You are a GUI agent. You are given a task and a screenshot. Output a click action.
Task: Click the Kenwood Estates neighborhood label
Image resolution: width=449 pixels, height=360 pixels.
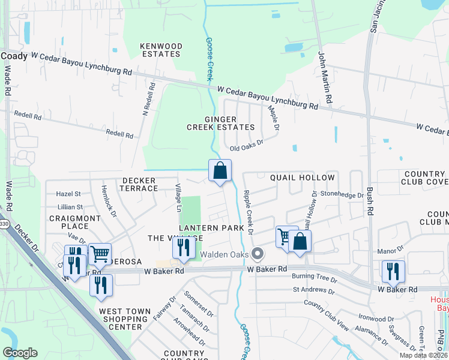pyautogui.click(x=160, y=50)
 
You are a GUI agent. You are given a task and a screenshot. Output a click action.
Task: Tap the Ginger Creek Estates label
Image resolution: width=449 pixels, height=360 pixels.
pyautogui.click(x=220, y=123)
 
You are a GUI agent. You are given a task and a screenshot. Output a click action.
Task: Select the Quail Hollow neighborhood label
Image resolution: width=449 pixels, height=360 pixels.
pyautogui.click(x=302, y=178)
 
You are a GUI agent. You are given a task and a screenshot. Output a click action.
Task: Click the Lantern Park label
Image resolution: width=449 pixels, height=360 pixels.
pyautogui.click(x=211, y=228)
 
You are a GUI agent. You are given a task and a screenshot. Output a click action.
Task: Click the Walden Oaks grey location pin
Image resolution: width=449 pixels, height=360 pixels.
pyautogui.click(x=258, y=254)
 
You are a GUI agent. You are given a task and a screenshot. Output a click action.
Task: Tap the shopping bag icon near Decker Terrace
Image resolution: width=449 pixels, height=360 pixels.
pyautogui.click(x=220, y=170)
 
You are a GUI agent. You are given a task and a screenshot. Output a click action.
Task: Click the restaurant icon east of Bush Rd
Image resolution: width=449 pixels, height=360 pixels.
pyautogui.click(x=393, y=271)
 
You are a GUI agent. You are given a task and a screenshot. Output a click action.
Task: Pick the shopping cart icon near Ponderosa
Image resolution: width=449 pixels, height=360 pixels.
pyautogui.click(x=100, y=253)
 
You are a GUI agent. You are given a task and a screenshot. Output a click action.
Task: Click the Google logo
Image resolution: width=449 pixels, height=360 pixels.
pyautogui.click(x=20, y=353)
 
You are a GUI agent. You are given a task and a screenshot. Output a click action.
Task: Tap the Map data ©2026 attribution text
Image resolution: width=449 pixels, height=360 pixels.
pyautogui.click(x=423, y=355)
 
